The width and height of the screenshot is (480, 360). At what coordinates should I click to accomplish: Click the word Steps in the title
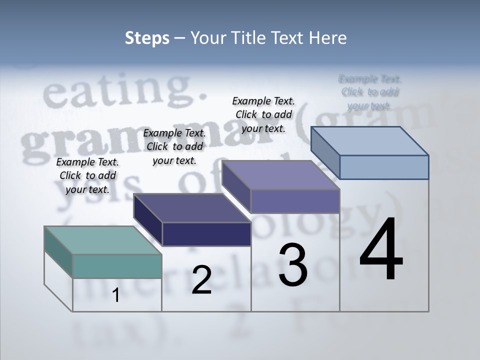point(147,38)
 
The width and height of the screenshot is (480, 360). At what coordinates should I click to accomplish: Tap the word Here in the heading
point(326,38)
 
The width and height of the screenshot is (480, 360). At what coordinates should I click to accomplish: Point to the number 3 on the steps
point(293,265)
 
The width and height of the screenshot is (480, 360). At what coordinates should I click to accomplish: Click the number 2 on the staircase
point(201,280)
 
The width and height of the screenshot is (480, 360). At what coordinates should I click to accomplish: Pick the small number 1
point(116,295)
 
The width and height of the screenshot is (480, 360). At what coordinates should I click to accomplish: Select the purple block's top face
point(280,175)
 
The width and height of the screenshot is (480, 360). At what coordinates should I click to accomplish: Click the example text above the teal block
point(87,175)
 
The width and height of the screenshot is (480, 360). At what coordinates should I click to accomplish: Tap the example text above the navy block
point(174,146)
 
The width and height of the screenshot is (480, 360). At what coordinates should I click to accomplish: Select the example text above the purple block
point(263,114)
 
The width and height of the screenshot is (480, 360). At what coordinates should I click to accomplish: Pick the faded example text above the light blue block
point(370,92)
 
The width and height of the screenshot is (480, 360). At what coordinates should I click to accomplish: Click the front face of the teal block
point(117,266)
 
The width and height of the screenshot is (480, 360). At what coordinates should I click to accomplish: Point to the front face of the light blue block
point(384,167)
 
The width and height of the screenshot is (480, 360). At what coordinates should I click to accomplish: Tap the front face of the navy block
point(206,234)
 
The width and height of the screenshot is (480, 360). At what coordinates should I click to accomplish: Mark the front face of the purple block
point(295,201)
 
